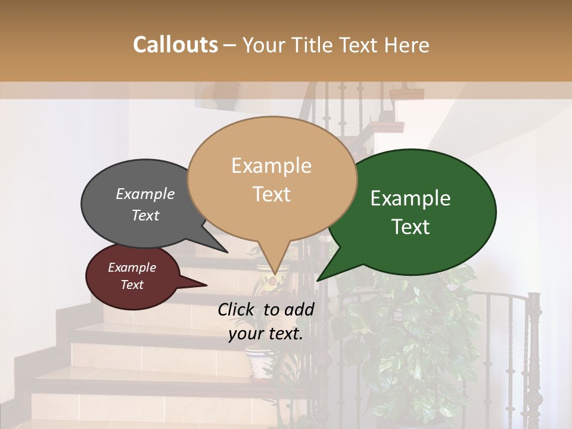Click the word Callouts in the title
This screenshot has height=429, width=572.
175,45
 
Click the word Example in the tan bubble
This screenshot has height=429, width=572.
271,166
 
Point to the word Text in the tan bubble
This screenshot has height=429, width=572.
271,194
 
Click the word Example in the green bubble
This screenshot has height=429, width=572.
411,198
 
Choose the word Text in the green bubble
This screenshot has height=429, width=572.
411,227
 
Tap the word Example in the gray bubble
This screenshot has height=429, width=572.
145,194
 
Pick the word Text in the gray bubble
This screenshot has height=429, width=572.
145,215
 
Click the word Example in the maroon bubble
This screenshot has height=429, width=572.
132,268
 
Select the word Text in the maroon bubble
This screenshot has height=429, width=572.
132,285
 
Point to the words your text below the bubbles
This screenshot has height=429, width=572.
266,334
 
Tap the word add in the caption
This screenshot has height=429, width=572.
300,309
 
